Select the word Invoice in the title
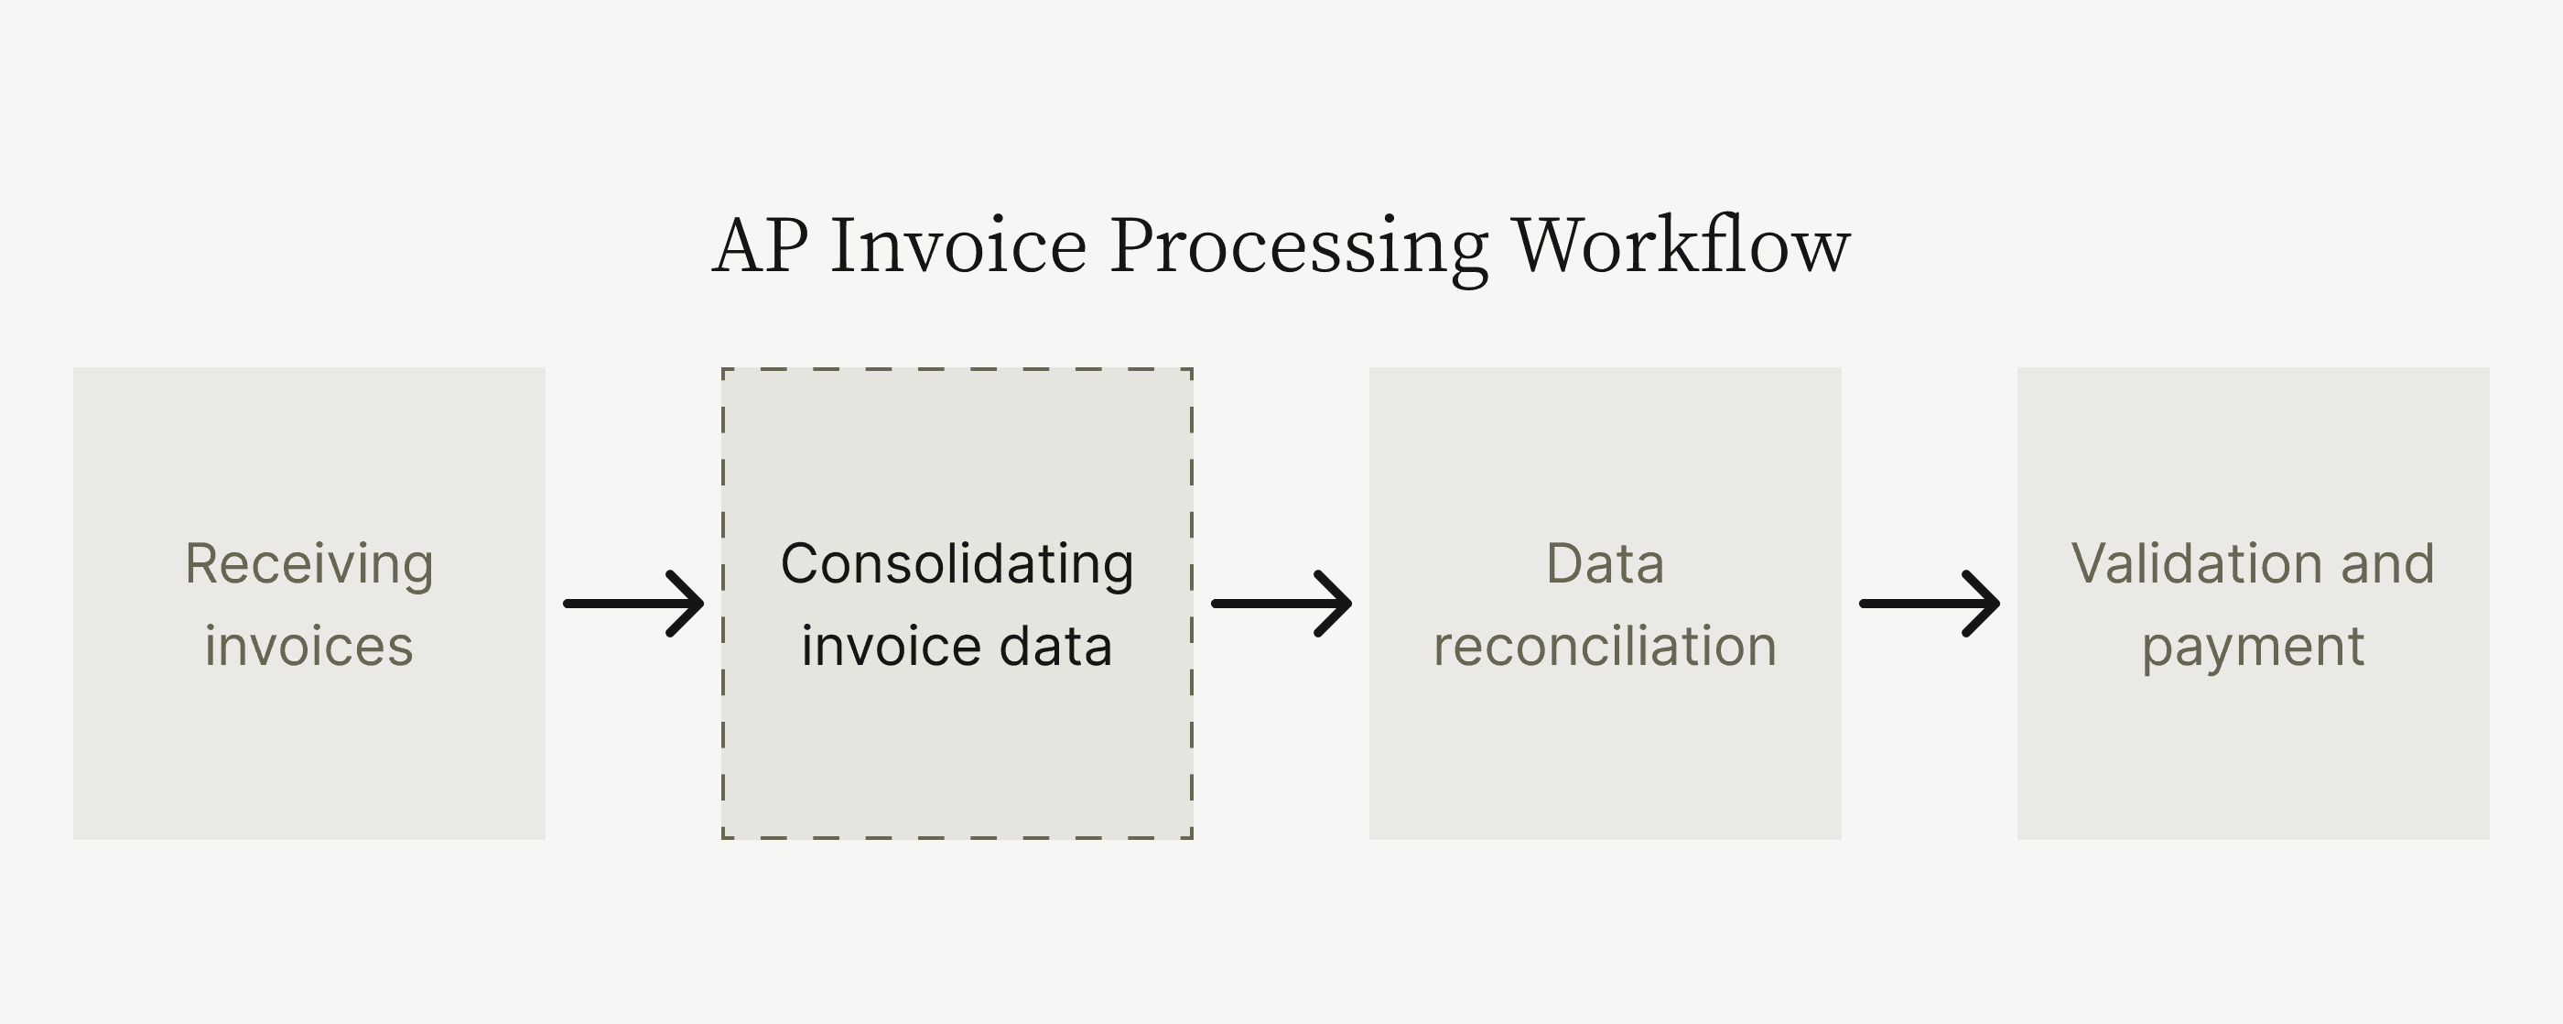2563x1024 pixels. pyautogui.click(x=958, y=245)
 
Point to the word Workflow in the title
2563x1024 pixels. pyautogui.click(x=1682, y=245)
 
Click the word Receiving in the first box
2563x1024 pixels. pyautogui.click(x=309, y=564)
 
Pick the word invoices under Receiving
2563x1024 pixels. pyautogui.click(x=309, y=647)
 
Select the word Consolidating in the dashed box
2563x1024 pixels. pyautogui.click(x=957, y=564)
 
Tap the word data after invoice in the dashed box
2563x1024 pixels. pyautogui.click(x=1055, y=647)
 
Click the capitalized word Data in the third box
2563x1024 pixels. pyautogui.click(x=1605, y=564)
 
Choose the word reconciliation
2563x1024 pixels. pyautogui.click(x=1605, y=647)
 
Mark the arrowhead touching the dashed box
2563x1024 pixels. pyautogui.click(x=688, y=603)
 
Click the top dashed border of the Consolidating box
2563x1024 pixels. pyautogui.click(x=957, y=369)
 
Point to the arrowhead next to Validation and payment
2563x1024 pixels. pyautogui.click(x=1984, y=603)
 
